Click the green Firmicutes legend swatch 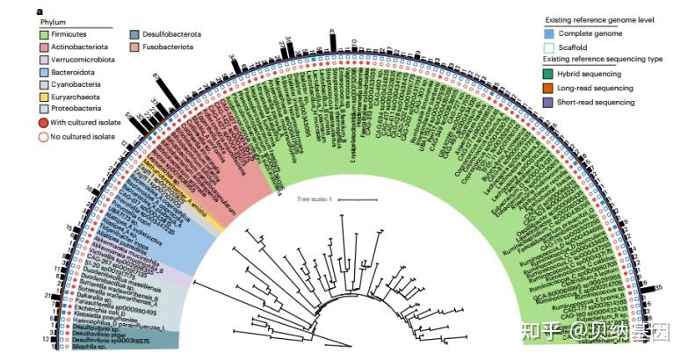click(45, 34)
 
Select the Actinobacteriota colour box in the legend click(45, 49)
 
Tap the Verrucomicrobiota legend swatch click(45, 63)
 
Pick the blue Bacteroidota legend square click(45, 78)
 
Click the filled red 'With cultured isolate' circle click(44, 124)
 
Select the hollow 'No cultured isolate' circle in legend click(44, 138)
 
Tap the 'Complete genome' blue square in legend click(550, 33)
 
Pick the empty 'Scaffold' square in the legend click(550, 47)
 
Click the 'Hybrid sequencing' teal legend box click(550, 75)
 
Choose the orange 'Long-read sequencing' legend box click(550, 89)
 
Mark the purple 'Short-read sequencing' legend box click(550, 103)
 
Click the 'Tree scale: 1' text click(315, 199)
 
